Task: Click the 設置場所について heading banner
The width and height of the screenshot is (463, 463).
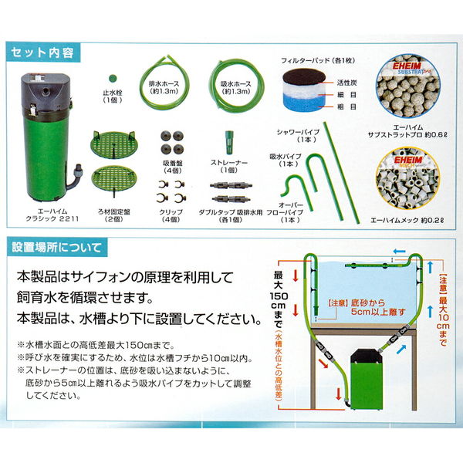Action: click(x=58, y=248)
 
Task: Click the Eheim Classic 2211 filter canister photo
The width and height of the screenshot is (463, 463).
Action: click(x=46, y=129)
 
